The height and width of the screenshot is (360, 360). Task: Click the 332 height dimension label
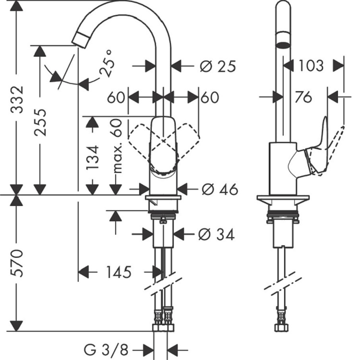click(17, 99)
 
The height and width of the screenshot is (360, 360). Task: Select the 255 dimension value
click(40, 122)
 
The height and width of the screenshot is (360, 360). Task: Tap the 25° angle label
click(107, 63)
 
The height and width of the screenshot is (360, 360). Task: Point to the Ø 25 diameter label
click(217, 66)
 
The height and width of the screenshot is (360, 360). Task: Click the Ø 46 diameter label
click(220, 190)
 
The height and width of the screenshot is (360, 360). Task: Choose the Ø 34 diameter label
click(216, 234)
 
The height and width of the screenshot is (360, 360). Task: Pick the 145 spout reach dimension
click(119, 272)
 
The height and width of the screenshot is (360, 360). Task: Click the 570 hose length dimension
click(17, 263)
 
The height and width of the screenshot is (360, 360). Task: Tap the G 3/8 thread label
click(106, 350)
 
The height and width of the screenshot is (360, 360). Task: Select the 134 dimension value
click(93, 157)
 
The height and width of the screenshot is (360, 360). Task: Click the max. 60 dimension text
click(117, 146)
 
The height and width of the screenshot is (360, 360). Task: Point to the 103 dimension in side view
click(311, 66)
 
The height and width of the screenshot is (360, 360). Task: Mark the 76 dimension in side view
click(303, 97)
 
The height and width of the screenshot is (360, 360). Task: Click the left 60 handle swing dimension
click(116, 97)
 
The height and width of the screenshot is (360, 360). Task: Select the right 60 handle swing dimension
click(210, 97)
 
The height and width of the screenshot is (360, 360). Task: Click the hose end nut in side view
click(281, 327)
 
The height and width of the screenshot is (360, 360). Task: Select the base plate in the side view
click(283, 197)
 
